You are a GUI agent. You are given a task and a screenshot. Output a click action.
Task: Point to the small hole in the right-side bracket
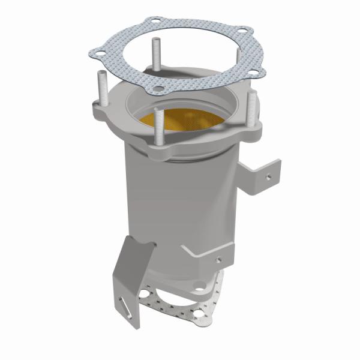pos(268,178)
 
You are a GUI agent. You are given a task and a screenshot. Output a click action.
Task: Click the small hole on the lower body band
pos(218,259)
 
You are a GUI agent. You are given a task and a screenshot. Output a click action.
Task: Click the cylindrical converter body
pos(174,204)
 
